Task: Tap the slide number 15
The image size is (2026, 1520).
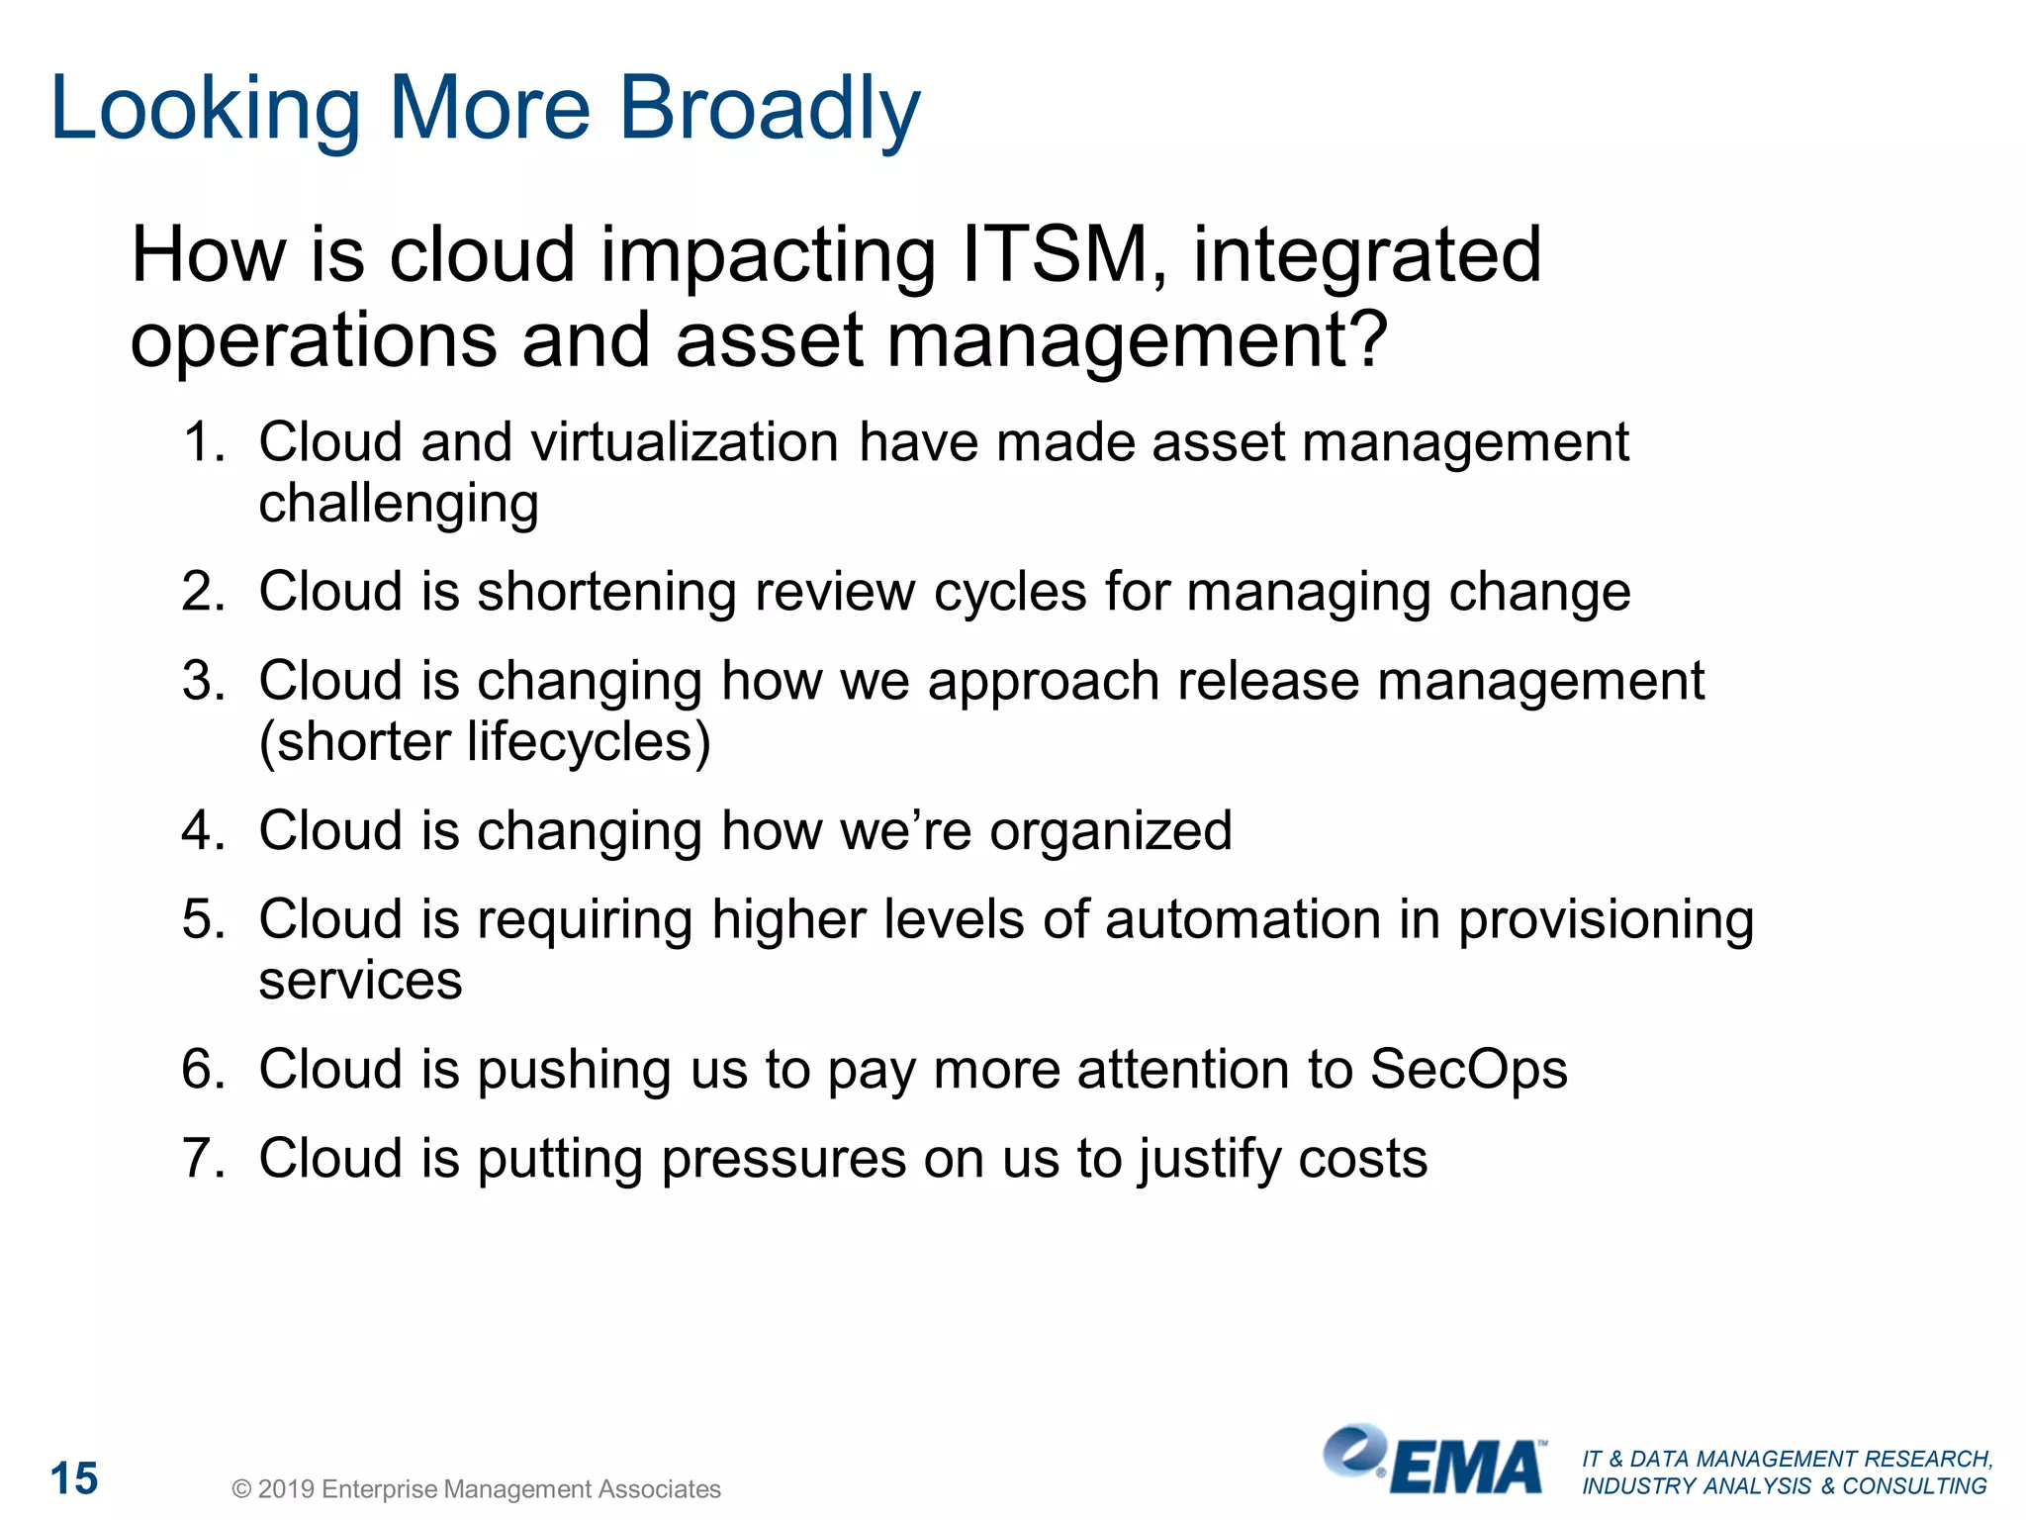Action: point(74,1478)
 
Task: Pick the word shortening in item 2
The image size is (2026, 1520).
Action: point(606,592)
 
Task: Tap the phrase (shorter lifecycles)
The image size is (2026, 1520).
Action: point(485,742)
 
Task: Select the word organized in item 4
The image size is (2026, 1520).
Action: point(1111,830)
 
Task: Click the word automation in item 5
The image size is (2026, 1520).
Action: point(1243,919)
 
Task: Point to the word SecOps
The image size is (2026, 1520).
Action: point(1469,1070)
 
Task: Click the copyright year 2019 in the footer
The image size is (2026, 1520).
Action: point(287,1489)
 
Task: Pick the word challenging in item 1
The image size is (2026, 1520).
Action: point(399,504)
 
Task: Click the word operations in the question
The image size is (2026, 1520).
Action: point(314,340)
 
